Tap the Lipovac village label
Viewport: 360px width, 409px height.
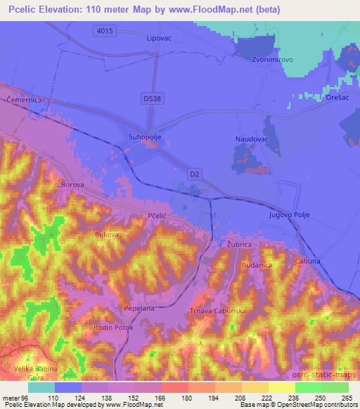pos(159,39)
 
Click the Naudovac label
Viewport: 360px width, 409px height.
pos(250,140)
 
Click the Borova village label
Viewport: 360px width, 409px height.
pos(73,184)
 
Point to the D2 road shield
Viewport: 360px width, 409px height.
pos(195,172)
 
